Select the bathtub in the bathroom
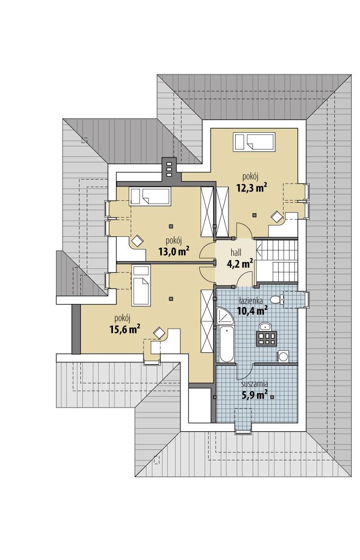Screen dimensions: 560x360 click(226, 343)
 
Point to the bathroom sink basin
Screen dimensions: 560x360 click(265, 326)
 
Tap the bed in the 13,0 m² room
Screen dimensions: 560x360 click(150, 196)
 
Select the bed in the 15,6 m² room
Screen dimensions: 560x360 click(140, 286)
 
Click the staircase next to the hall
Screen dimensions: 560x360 click(278, 260)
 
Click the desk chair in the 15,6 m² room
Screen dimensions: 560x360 click(159, 333)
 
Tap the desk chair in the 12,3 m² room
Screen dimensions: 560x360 click(276, 216)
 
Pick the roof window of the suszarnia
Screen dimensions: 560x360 click(242, 431)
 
